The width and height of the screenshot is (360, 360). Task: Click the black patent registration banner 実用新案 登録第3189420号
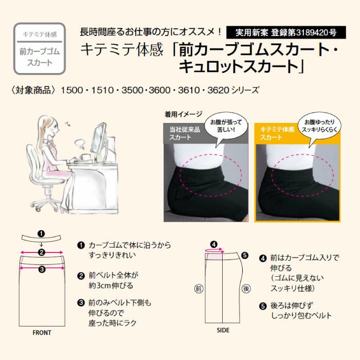pyautogui.click(x=286, y=32)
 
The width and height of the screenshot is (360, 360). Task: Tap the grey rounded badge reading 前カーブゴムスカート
pyautogui.click(x=40, y=49)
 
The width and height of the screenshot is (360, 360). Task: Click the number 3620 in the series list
pyautogui.click(x=218, y=90)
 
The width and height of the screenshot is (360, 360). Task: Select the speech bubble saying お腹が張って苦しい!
pyautogui.click(x=226, y=129)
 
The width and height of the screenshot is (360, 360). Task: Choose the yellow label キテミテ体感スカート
pyautogui.click(x=277, y=133)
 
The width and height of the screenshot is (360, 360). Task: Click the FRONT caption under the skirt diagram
pyautogui.click(x=42, y=333)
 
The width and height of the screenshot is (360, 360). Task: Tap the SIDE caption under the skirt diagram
pyautogui.click(x=223, y=330)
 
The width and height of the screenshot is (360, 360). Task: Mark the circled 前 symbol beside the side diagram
pyautogui.click(x=199, y=289)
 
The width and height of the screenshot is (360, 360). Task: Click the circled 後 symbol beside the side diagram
pyautogui.click(x=246, y=289)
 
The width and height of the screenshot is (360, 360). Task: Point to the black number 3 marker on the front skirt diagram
pyautogui.click(x=42, y=269)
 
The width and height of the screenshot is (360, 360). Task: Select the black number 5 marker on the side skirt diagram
pyautogui.click(x=245, y=255)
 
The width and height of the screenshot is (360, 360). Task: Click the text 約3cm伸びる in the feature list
pyautogui.click(x=111, y=285)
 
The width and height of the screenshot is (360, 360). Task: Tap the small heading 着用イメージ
pyautogui.click(x=183, y=114)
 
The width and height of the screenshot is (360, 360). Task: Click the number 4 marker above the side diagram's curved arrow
pyautogui.click(x=214, y=244)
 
